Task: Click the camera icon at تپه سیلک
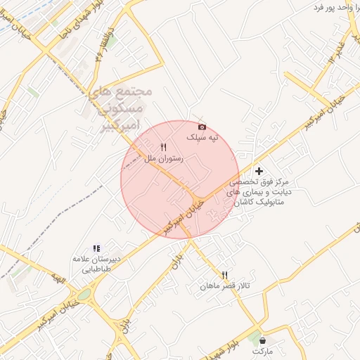click(202, 127)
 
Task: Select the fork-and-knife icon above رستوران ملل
click(163, 147)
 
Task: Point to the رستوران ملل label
click(164, 159)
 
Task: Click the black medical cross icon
click(259, 170)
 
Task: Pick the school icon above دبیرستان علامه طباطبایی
click(97, 248)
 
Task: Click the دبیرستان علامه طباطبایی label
click(97, 264)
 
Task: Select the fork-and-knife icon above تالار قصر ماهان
click(225, 275)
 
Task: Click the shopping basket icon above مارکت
click(262, 340)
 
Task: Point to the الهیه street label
click(60, 282)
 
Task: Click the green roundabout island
click(84, 294)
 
